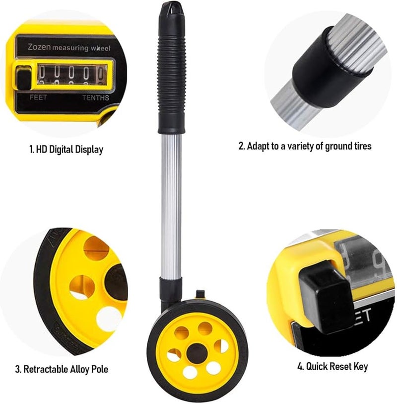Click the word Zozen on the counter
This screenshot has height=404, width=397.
[38, 48]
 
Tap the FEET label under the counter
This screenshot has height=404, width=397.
[39, 97]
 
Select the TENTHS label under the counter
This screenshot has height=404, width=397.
[95, 97]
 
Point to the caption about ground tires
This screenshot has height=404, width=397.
[305, 146]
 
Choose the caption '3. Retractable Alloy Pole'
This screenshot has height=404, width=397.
[62, 369]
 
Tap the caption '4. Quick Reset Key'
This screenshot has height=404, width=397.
[332, 367]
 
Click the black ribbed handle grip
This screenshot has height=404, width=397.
[171, 75]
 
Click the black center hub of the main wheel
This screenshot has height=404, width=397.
[197, 353]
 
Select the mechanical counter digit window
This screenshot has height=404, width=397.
[71, 75]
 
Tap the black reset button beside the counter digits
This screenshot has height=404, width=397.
[22, 78]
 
